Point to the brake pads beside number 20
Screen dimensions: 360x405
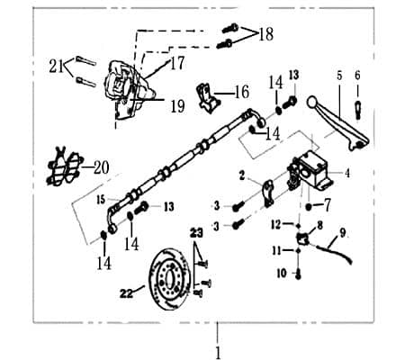coord(62,166)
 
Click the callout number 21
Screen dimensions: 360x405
coord(57,65)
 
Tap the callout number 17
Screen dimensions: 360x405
coord(176,64)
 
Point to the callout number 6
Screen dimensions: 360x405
coord(356,76)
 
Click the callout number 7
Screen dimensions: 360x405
coord(328,205)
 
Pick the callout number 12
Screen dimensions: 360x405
coord(278,223)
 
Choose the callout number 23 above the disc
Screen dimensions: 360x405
coord(197,231)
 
